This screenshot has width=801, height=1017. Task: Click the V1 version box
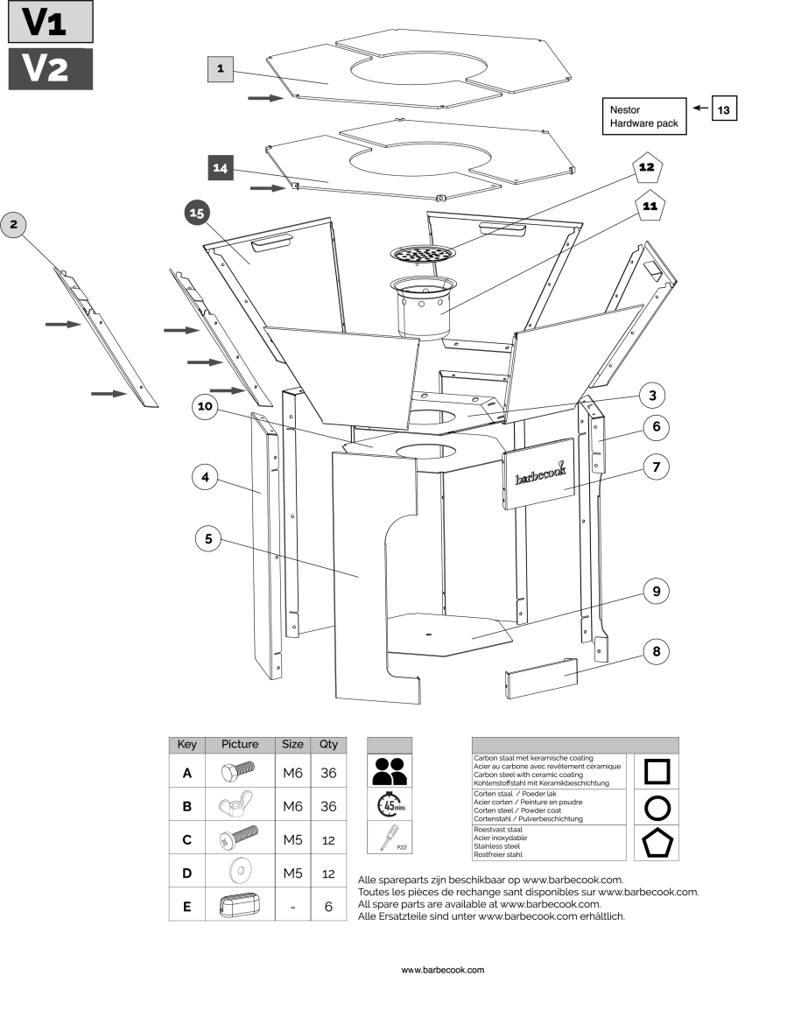[x=50, y=23]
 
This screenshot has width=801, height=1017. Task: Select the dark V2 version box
[x=50, y=68]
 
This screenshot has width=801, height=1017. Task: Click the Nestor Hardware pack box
[x=644, y=116]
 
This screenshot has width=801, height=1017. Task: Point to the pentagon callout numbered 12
[x=646, y=167]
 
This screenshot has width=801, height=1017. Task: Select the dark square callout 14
[x=221, y=168]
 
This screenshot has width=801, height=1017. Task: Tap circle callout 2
[x=13, y=226]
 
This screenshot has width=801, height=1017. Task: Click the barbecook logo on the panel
[x=540, y=473]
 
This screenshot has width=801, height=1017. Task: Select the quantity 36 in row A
[x=328, y=773]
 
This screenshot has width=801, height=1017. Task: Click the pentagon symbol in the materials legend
[x=657, y=843]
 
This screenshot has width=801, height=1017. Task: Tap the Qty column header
[x=328, y=744]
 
